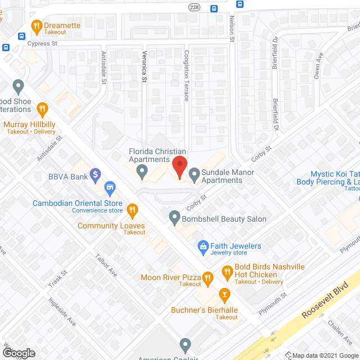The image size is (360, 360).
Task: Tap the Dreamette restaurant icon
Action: click(37, 25)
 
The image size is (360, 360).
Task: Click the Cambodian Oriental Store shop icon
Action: click(110, 186)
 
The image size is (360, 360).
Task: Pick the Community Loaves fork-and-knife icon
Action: click(132, 211)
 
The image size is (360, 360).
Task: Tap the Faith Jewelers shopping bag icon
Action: click(203, 246)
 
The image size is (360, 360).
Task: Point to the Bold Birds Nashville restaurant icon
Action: click(227, 273)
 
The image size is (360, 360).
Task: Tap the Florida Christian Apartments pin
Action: click(142, 170)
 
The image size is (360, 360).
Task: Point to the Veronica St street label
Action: click(144, 72)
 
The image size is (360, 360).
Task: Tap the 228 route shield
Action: click(194, 7)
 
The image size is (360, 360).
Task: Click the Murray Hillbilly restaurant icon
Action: click(42, 109)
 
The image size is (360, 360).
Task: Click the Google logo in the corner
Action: click(18, 353)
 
